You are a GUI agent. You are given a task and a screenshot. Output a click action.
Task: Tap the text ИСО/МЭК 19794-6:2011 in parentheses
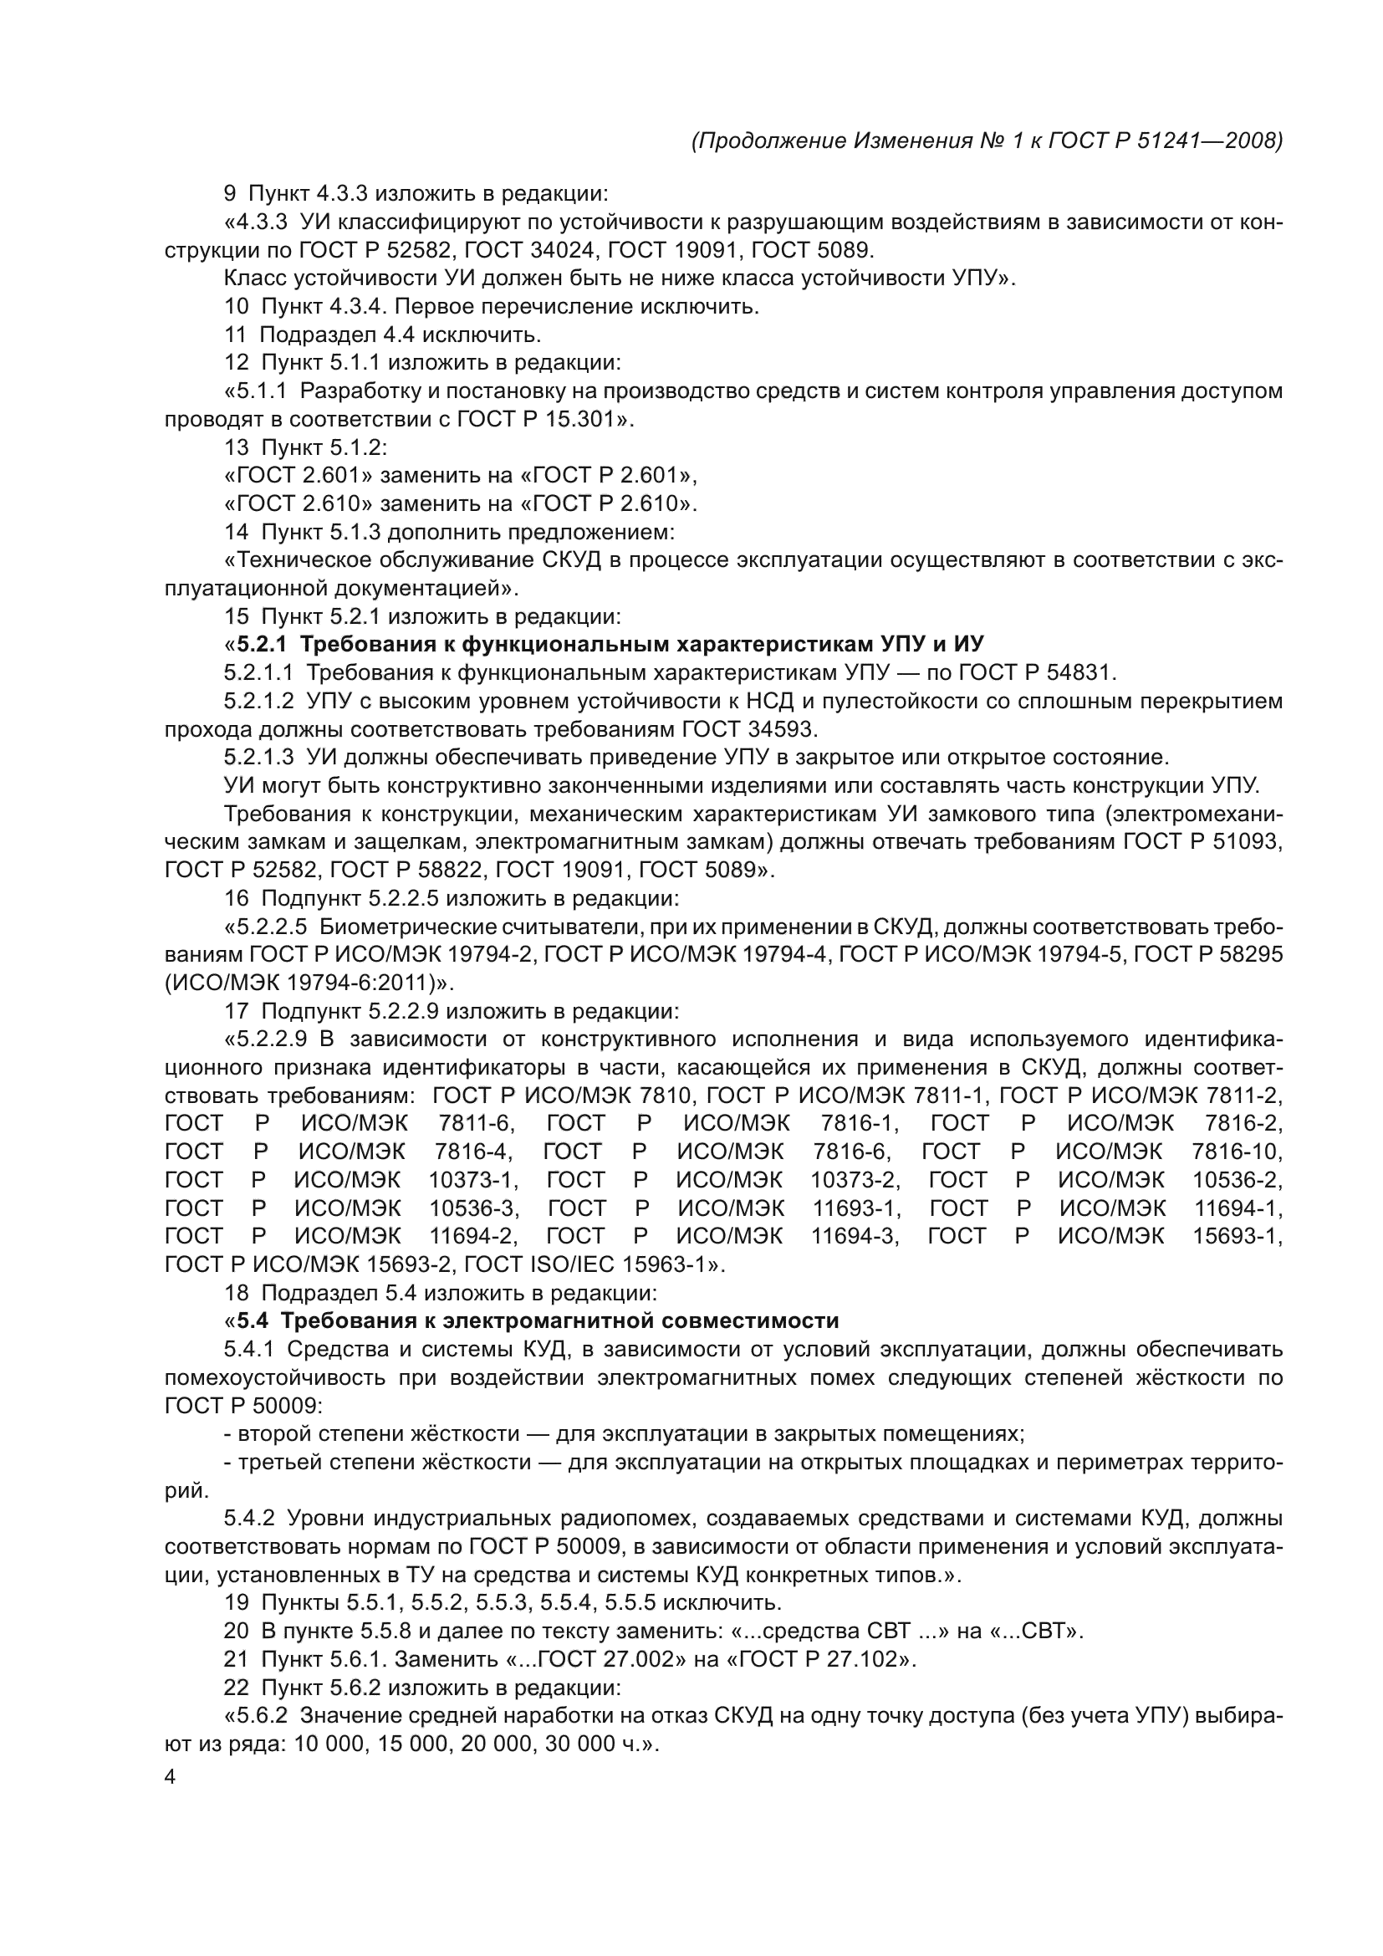coord(306,983)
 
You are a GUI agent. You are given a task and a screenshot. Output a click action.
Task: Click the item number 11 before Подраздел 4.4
coord(235,335)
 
